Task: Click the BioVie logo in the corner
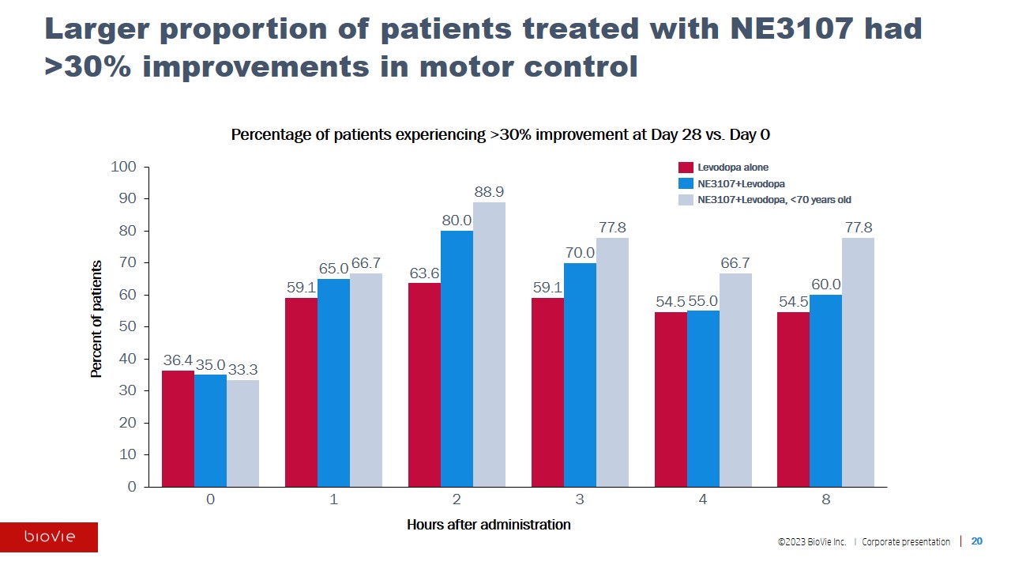tap(49, 537)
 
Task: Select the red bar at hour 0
tap(178, 428)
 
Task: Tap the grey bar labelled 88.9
tap(489, 345)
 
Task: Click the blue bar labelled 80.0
tap(457, 359)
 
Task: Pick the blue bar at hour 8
tap(825, 390)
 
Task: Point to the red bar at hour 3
tap(547, 392)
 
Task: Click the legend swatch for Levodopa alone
tap(686, 168)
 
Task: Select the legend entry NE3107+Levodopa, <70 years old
tap(774, 200)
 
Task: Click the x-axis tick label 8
tap(826, 500)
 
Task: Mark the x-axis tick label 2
tap(457, 500)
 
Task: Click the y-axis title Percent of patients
tap(96, 318)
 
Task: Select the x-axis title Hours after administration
tap(488, 525)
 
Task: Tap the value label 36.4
tap(178, 360)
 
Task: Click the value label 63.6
tap(424, 273)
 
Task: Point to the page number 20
tap(977, 541)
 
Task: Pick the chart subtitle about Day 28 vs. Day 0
tap(500, 135)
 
